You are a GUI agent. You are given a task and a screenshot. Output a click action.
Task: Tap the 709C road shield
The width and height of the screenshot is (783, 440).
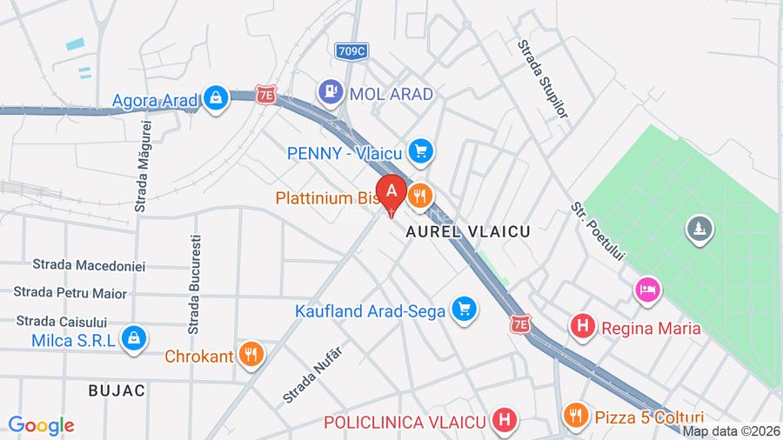351,50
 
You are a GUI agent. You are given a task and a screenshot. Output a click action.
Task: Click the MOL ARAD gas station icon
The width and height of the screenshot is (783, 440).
330,89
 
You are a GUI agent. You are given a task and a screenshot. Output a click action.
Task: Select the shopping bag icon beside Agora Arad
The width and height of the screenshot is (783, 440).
215,98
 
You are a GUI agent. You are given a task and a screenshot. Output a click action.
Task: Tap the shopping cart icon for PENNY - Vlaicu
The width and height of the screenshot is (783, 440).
421,151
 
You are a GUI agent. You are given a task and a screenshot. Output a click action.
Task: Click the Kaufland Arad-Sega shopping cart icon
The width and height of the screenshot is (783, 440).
465,309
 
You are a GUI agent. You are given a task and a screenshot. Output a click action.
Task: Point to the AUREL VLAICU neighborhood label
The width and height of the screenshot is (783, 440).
467,233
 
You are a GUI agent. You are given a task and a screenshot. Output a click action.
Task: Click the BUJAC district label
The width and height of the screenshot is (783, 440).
117,390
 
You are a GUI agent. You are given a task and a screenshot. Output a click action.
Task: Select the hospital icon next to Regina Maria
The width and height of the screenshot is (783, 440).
582,328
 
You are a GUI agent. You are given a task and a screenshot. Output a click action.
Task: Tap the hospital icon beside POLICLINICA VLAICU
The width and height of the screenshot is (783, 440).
503,422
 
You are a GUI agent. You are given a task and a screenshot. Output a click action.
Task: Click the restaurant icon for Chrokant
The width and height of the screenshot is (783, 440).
251,354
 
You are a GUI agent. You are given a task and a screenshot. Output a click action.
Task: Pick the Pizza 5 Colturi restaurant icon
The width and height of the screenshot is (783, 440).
575,416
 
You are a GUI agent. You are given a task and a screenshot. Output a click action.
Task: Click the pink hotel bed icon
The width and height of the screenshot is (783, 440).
647,289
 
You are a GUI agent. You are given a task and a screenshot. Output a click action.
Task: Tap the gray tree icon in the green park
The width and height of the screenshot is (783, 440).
699,230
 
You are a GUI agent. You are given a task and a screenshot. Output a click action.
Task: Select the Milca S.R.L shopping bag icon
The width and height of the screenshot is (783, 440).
133,338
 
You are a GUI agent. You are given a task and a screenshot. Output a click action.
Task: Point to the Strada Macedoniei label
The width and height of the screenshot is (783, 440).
89,264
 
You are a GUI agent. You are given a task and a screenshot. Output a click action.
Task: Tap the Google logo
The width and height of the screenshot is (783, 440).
41,425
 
